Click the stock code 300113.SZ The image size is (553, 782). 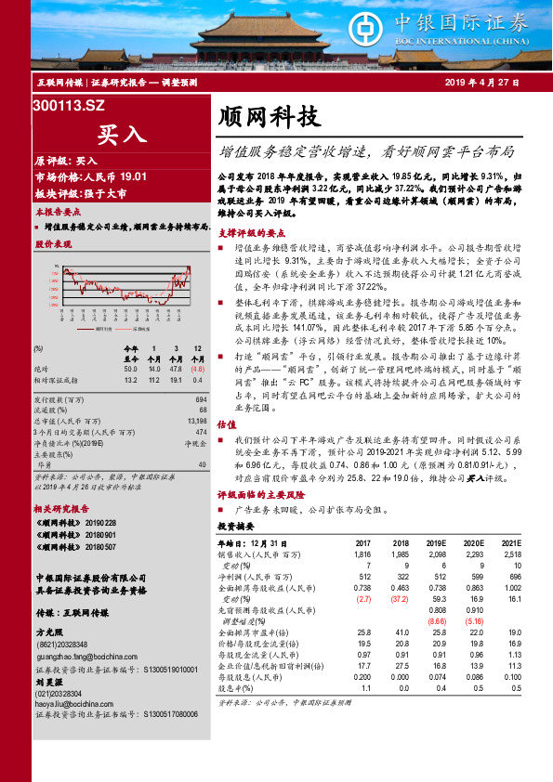(69, 107)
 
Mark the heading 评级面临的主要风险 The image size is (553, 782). (261, 495)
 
